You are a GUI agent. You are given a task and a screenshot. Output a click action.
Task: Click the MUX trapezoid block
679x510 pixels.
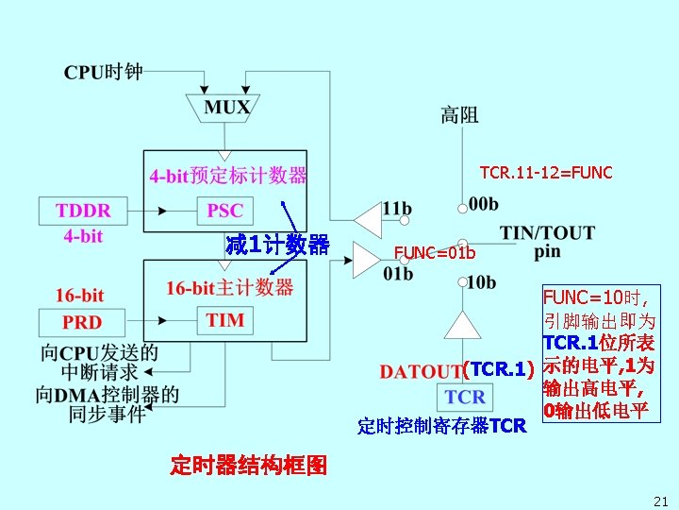pyautogui.click(x=227, y=107)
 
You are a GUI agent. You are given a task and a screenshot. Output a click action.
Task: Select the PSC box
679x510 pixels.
pyautogui.click(x=224, y=210)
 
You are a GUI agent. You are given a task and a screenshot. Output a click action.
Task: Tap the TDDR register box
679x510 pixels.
pyautogui.click(x=83, y=210)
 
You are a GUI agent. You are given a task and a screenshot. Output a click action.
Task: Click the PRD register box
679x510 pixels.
pyautogui.click(x=82, y=321)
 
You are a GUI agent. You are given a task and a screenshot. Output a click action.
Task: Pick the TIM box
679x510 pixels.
pyautogui.click(x=224, y=320)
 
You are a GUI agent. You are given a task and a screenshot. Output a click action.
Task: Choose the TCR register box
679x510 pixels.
pyautogui.click(x=465, y=396)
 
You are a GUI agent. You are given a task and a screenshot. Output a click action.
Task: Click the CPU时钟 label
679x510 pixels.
pyautogui.click(x=104, y=71)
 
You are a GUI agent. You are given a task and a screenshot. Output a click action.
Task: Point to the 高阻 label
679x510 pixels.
pyautogui.click(x=459, y=115)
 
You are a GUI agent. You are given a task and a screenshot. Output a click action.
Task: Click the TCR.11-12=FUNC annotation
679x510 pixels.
pyautogui.click(x=546, y=173)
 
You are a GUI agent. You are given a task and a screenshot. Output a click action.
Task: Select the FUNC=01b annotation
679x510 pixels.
pyautogui.click(x=435, y=253)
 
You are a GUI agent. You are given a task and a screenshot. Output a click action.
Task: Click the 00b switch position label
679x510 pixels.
pyautogui.click(x=483, y=204)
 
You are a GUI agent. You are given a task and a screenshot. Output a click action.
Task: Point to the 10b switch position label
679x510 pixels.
pyautogui.click(x=481, y=281)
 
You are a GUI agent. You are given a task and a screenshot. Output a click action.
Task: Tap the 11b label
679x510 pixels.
pyautogui.click(x=396, y=207)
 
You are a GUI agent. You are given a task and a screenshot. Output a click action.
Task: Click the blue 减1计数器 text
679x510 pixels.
pyautogui.click(x=277, y=246)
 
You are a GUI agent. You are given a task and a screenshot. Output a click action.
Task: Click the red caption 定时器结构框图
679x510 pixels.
pyautogui.click(x=249, y=466)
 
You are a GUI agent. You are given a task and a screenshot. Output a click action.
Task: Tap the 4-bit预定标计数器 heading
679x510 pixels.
pyautogui.click(x=228, y=176)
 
